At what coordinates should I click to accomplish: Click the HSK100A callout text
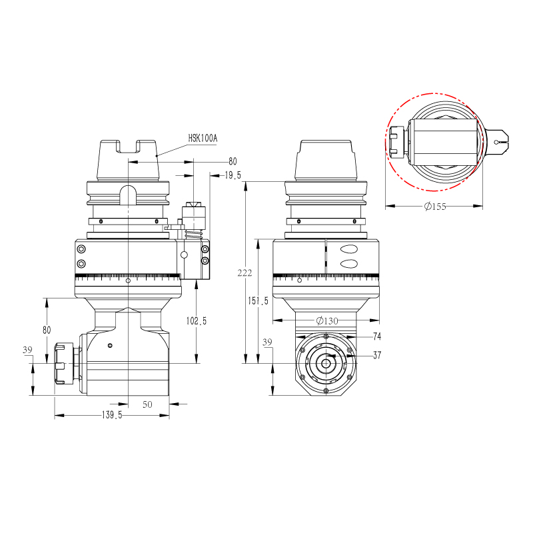[203, 138]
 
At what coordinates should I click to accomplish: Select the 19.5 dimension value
[233, 175]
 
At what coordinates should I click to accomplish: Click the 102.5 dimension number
[196, 320]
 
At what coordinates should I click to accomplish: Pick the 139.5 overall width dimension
[111, 415]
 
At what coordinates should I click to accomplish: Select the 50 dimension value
[147, 404]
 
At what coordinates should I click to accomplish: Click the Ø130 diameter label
[326, 320]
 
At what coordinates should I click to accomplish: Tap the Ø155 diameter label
[434, 207]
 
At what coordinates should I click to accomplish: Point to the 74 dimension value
[377, 336]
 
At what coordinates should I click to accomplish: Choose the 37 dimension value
[377, 355]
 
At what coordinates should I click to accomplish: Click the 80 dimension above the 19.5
[233, 161]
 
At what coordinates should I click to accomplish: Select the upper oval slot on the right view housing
[348, 250]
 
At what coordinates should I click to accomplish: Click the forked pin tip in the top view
[500, 140]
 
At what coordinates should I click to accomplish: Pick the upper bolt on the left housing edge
[81, 249]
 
